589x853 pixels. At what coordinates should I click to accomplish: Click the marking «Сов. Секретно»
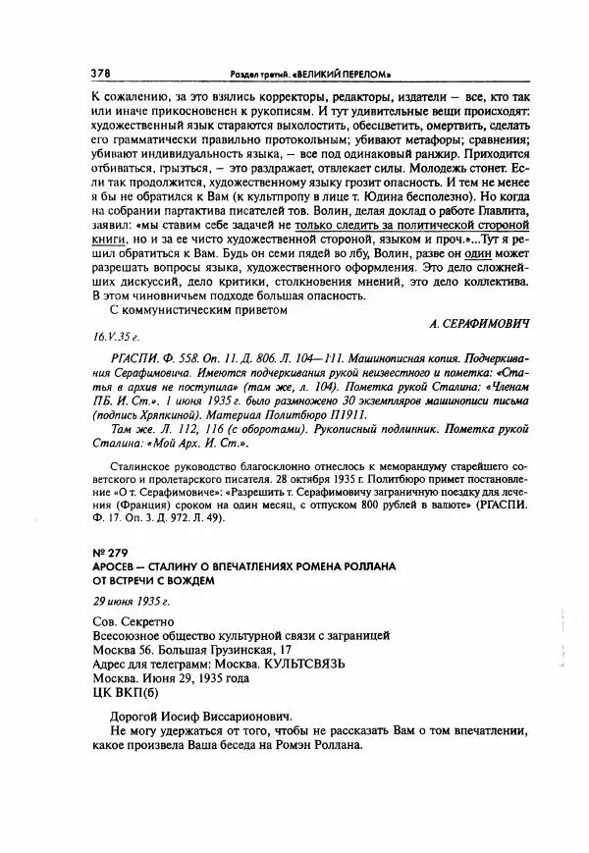click(132, 622)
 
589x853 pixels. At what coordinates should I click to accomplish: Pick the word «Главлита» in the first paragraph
click(503, 211)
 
